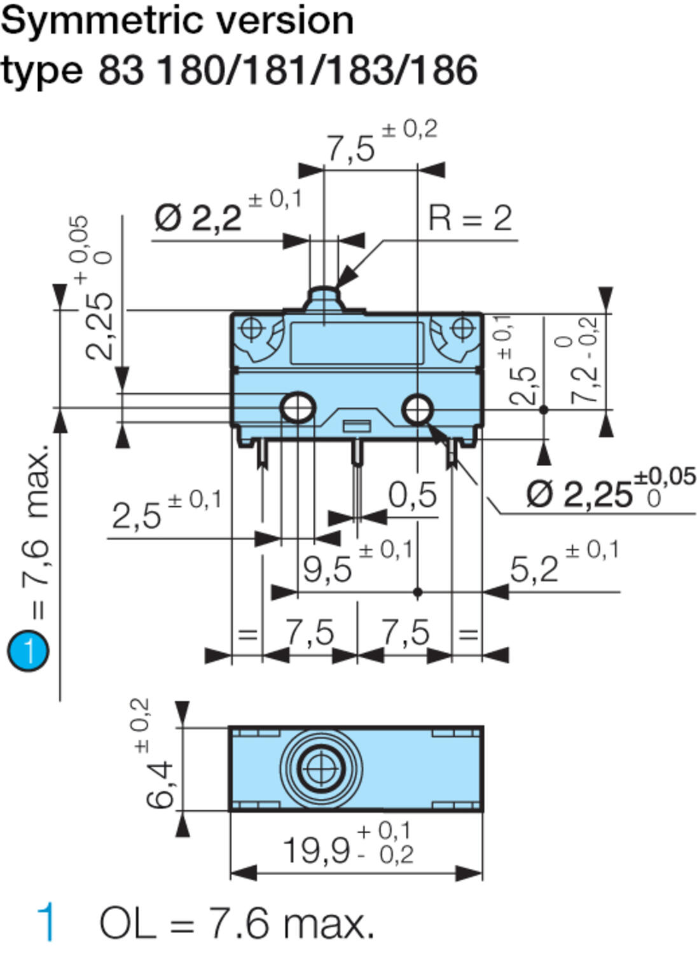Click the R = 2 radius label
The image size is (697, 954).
point(470,218)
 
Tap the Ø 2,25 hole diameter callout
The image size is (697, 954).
point(579,494)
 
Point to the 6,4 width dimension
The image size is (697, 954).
point(159,785)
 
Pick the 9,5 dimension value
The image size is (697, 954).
point(327,569)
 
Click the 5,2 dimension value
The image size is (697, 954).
point(534,569)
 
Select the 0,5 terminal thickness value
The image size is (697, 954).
point(413,495)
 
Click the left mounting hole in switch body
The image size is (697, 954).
point(298,408)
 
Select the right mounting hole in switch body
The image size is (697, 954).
point(417,408)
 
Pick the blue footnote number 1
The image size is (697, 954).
point(46,922)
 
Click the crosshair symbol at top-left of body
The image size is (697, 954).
point(252,329)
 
